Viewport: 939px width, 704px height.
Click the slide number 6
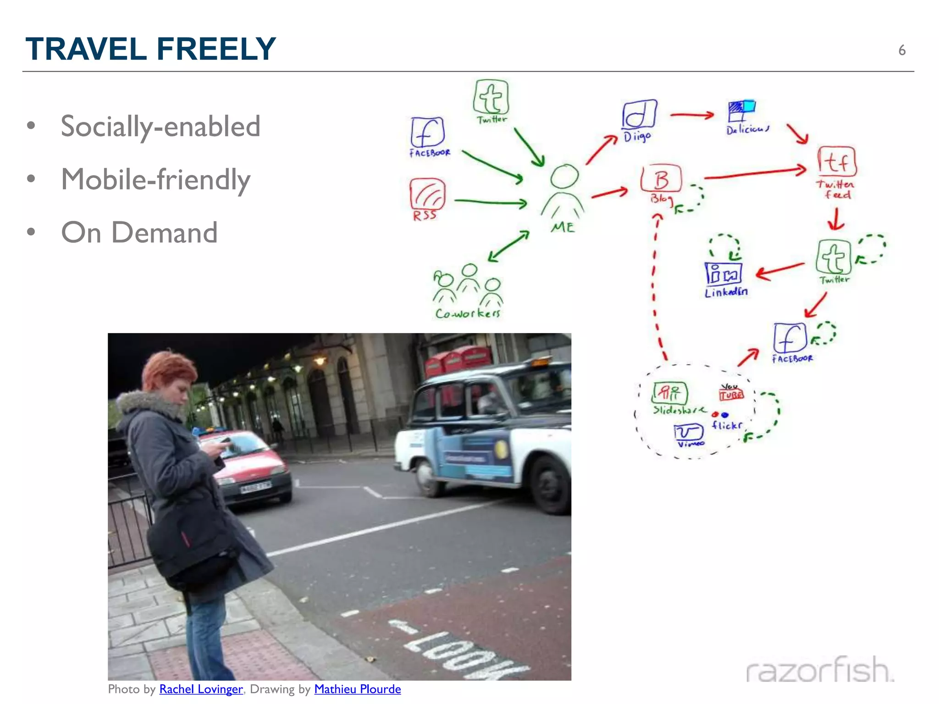pos(901,50)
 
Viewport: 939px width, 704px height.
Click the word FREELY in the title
pos(216,49)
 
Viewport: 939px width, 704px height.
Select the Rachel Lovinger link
pos(201,689)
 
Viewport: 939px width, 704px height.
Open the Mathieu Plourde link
pos(357,689)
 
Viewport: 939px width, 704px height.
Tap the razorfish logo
pos(819,670)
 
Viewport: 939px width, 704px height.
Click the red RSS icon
pos(427,194)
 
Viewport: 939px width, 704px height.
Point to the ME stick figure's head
pos(564,176)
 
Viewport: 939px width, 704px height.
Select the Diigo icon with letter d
pos(639,114)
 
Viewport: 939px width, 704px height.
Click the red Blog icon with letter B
pos(661,179)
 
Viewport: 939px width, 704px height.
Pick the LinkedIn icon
pos(723,274)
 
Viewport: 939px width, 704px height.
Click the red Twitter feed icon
pos(837,161)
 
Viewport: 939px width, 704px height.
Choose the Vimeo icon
pos(688,432)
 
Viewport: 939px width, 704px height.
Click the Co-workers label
pos(468,313)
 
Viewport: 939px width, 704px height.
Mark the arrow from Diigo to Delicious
pos(692,115)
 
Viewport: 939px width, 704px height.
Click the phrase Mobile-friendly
pos(156,179)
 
